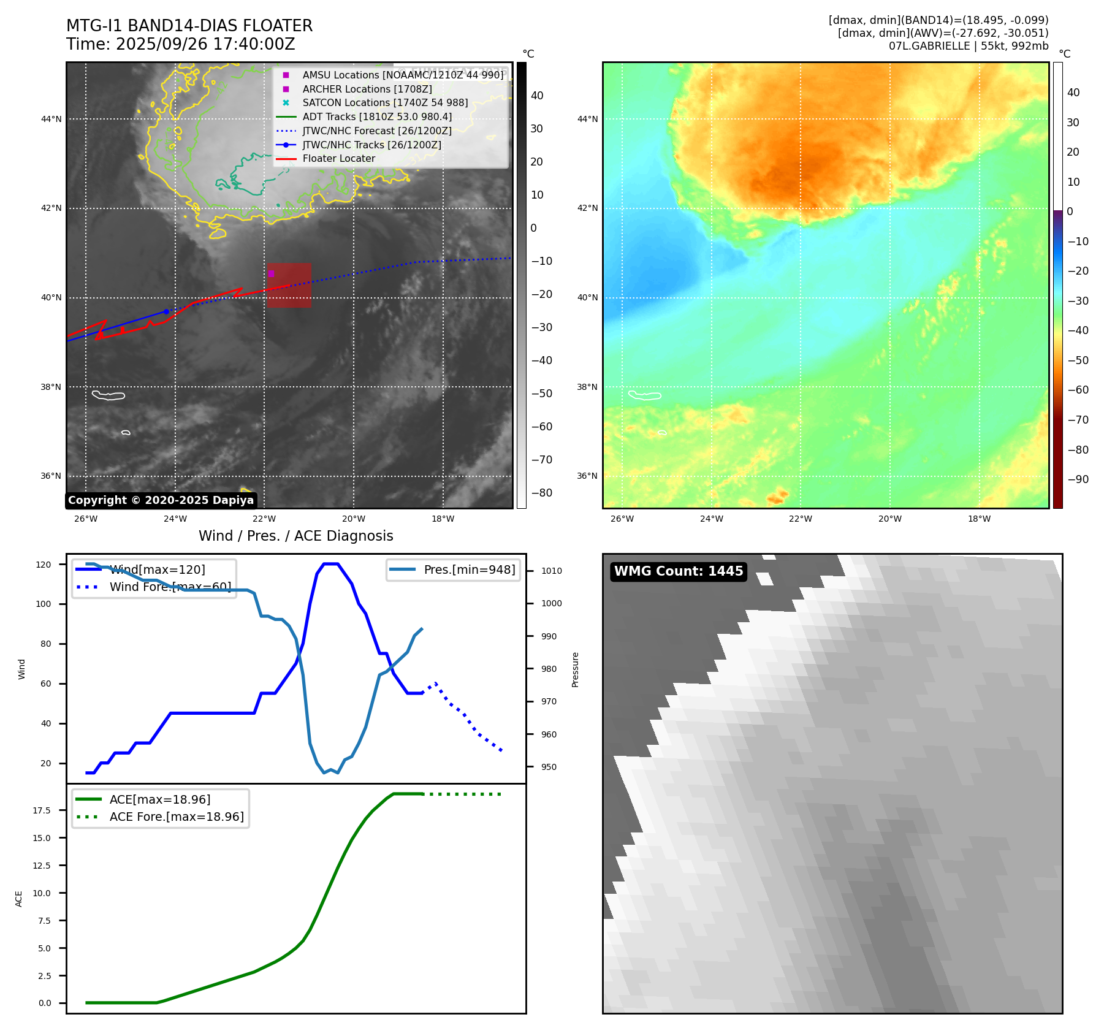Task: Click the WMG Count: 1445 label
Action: point(679,571)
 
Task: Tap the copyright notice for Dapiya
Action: point(161,500)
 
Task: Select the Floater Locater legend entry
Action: point(338,159)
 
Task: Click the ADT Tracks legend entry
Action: point(377,117)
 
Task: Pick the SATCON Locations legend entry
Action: point(385,103)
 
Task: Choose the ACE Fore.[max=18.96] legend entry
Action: point(177,817)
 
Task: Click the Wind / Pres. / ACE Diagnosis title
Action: point(296,536)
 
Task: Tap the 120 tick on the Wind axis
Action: point(44,565)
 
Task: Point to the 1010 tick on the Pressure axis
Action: point(552,571)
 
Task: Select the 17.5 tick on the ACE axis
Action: point(42,810)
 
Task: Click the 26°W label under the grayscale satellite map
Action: point(86,519)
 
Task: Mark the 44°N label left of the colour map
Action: point(587,119)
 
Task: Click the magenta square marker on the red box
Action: point(271,273)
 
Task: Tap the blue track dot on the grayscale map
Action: point(166,312)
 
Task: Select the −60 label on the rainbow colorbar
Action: point(1078,390)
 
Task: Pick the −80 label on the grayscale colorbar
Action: point(542,493)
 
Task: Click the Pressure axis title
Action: point(576,669)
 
